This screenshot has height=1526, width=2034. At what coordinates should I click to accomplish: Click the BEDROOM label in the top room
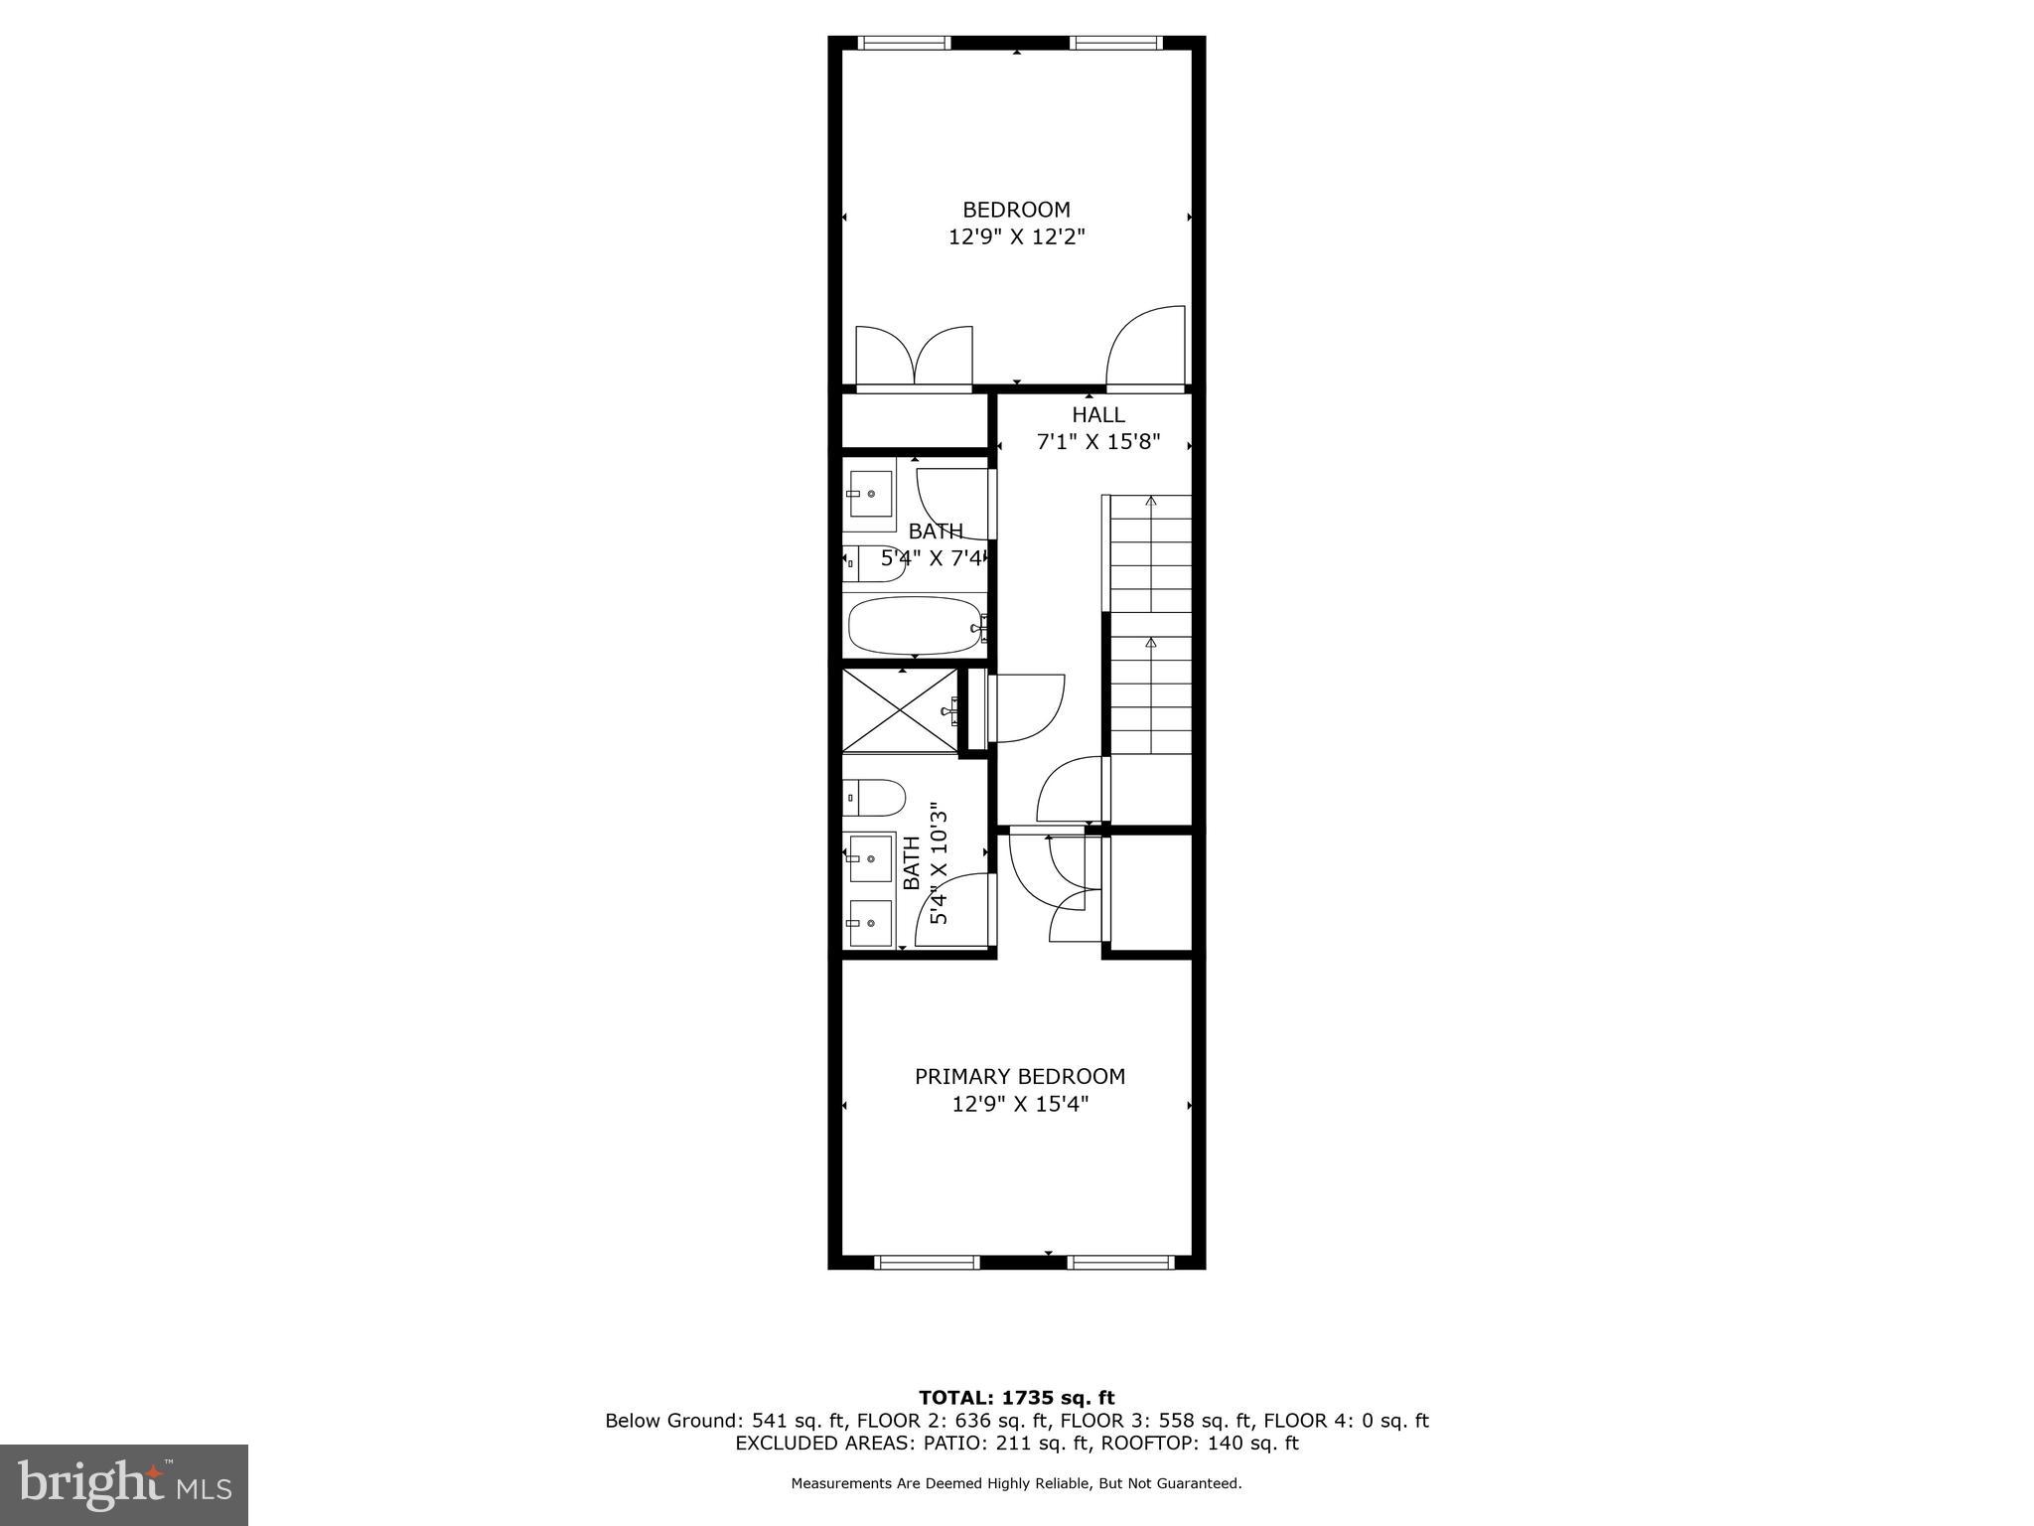point(1016,210)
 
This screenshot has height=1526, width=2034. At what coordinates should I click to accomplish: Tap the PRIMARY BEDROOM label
point(1019,1076)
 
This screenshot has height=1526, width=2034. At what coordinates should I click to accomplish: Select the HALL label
point(1097,415)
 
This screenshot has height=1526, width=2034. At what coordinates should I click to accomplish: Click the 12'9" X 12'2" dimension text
point(1016,237)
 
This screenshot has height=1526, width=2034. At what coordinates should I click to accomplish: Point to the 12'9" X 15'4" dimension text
point(1019,1104)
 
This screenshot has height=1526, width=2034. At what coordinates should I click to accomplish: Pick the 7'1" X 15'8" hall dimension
point(1097,442)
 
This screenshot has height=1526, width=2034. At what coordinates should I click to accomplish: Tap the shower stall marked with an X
point(899,709)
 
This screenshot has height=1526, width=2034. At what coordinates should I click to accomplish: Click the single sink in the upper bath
point(870,494)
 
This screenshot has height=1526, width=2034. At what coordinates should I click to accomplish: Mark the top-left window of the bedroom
point(903,43)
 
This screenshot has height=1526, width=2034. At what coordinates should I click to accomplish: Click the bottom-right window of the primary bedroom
point(1119,1263)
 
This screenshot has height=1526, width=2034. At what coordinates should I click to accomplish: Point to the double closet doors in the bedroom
point(914,358)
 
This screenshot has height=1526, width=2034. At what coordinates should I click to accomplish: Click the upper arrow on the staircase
point(1151,502)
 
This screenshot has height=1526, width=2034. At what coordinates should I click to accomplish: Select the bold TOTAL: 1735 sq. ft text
point(1016,1398)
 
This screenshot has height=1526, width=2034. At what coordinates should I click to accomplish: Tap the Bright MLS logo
point(123,1484)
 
